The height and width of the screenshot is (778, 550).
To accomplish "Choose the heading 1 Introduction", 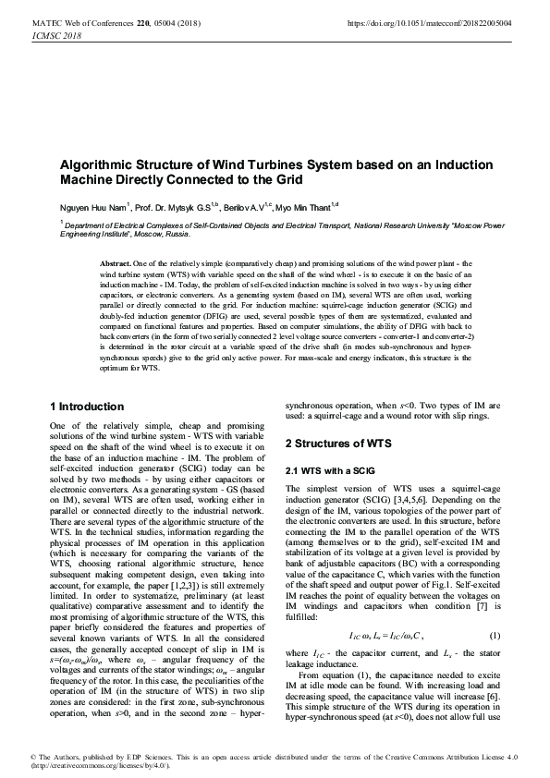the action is [x=86, y=407].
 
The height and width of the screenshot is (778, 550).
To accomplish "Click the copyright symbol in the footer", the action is [x=33, y=757].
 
